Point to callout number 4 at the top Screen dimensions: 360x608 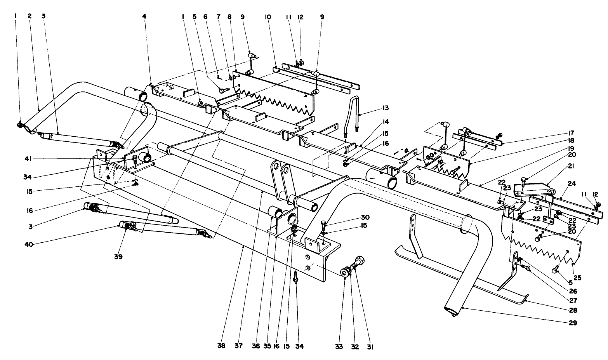(144, 17)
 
